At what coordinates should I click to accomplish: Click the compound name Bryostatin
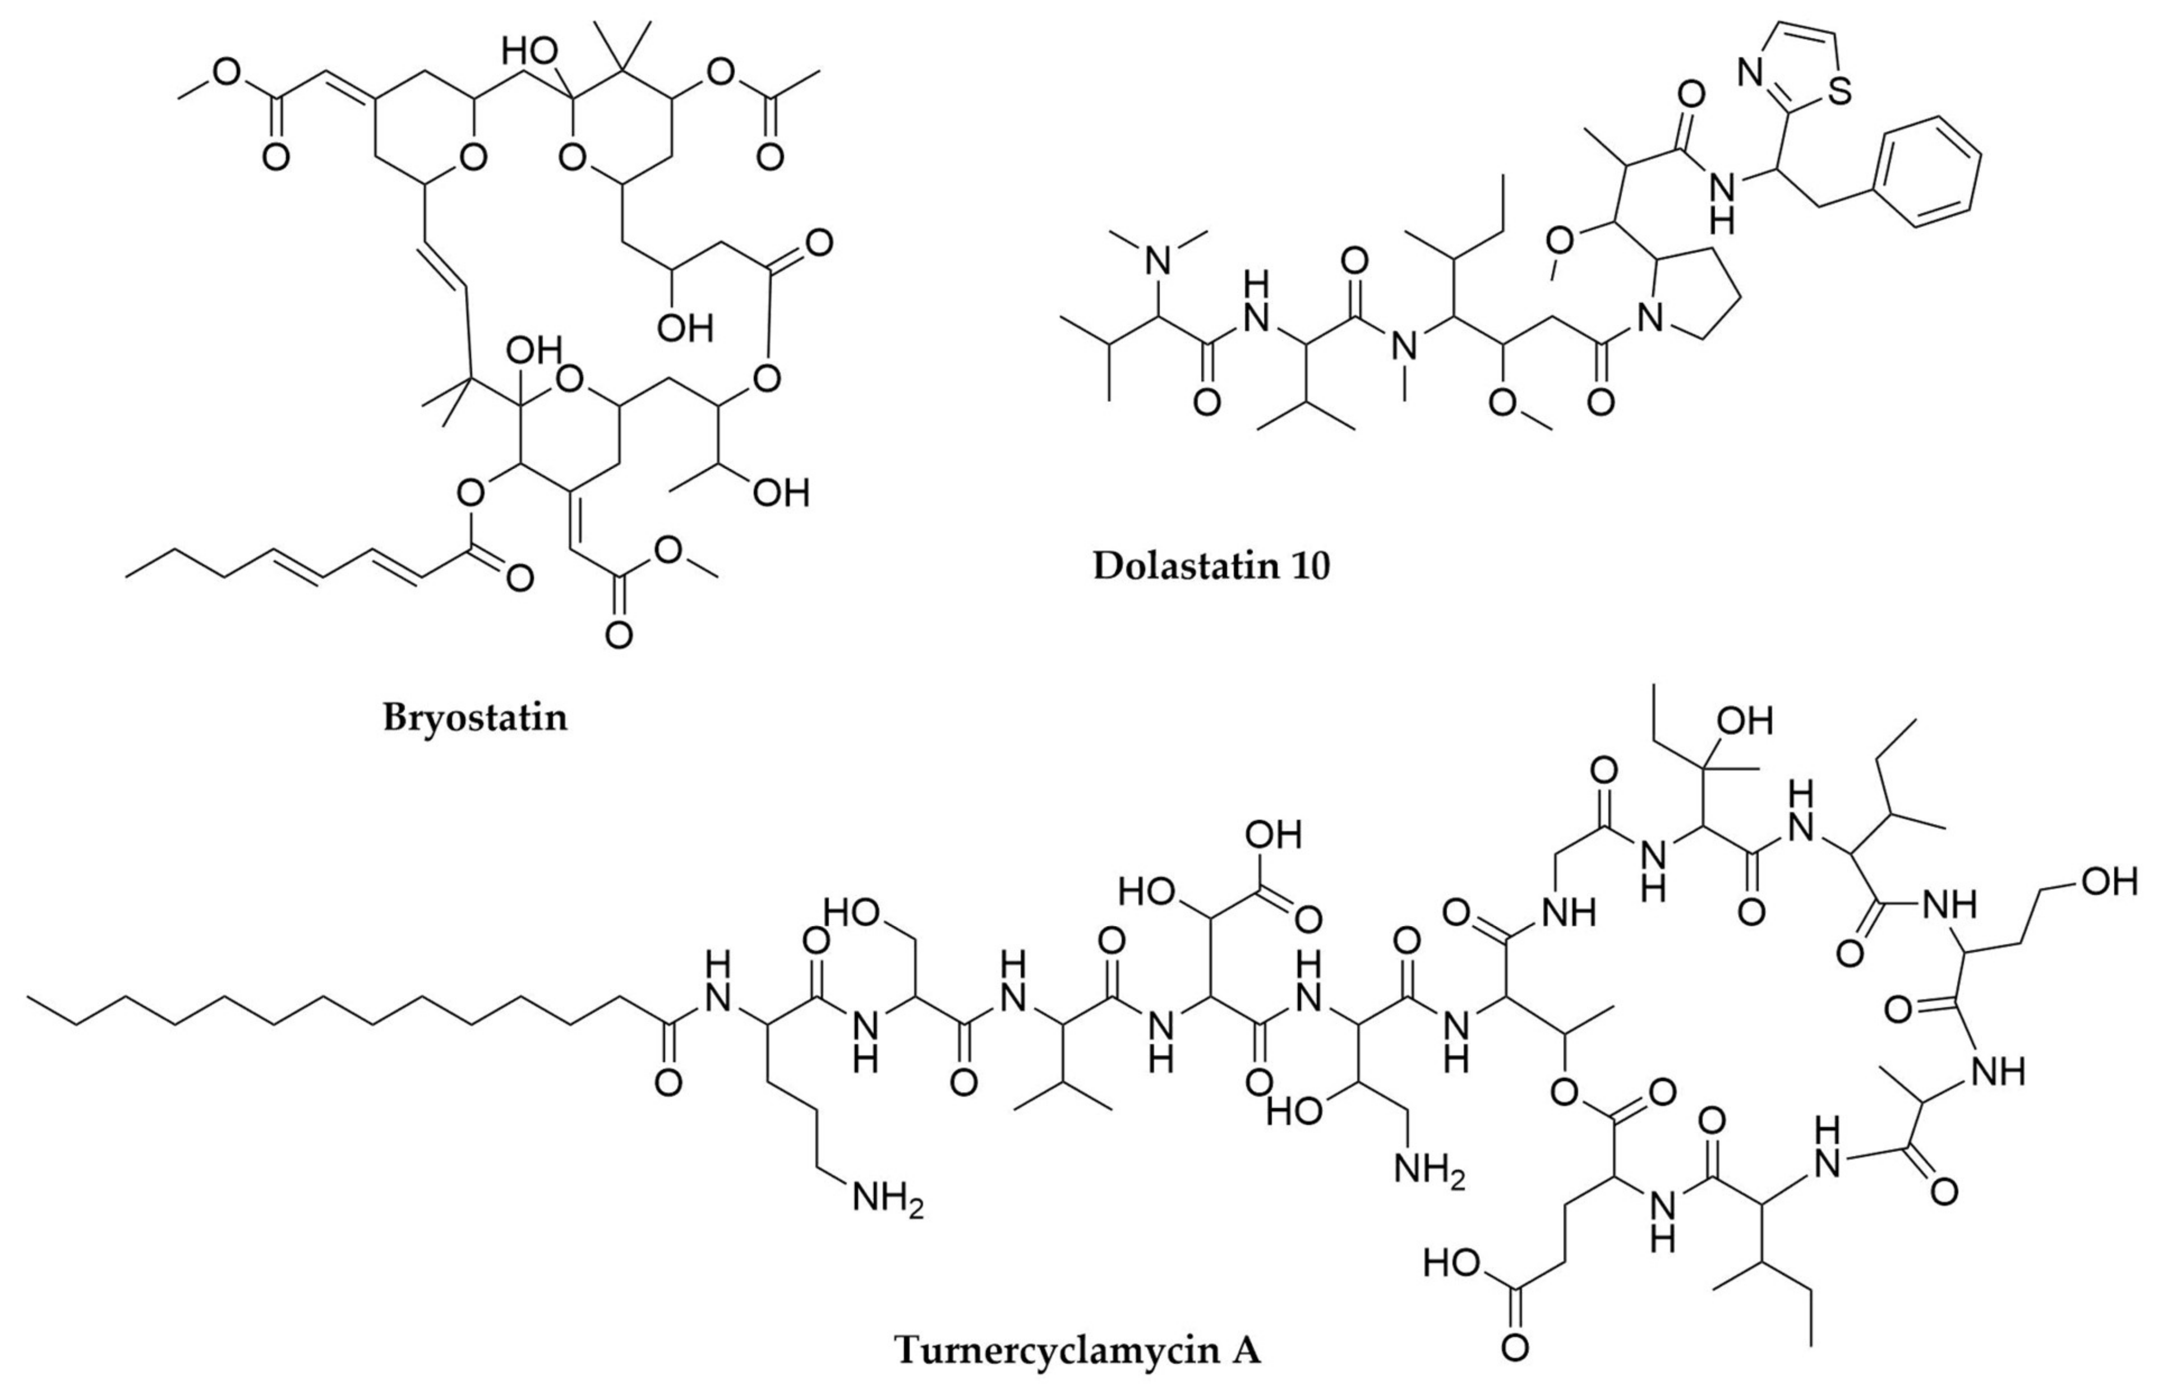[x=475, y=718]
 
